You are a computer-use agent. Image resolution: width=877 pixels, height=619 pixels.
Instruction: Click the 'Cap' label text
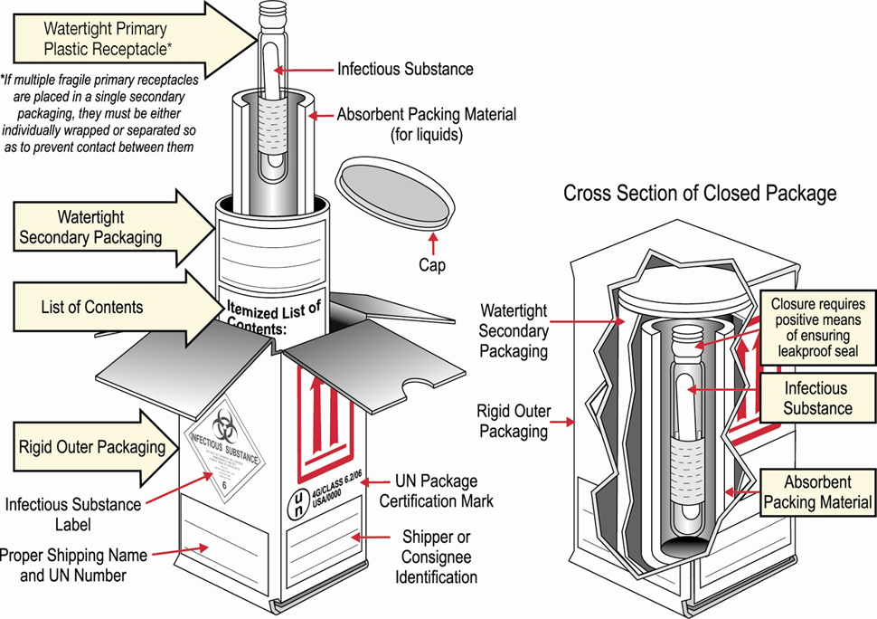pos(432,266)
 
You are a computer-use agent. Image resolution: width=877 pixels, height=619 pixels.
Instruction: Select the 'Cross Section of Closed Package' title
pos(700,193)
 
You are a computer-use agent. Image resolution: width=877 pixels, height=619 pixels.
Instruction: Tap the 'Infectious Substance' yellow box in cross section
pos(816,398)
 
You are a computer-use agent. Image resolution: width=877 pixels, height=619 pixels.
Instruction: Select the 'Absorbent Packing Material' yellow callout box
pos(816,492)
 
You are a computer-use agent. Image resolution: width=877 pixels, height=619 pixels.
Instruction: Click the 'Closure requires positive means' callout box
pos(817,328)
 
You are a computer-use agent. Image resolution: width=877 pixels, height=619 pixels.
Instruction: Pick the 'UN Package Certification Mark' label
pos(436,491)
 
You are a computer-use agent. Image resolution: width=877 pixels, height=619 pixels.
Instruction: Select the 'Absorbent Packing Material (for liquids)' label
pos(426,124)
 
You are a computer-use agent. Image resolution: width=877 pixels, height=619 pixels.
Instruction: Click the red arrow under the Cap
pos(432,243)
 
